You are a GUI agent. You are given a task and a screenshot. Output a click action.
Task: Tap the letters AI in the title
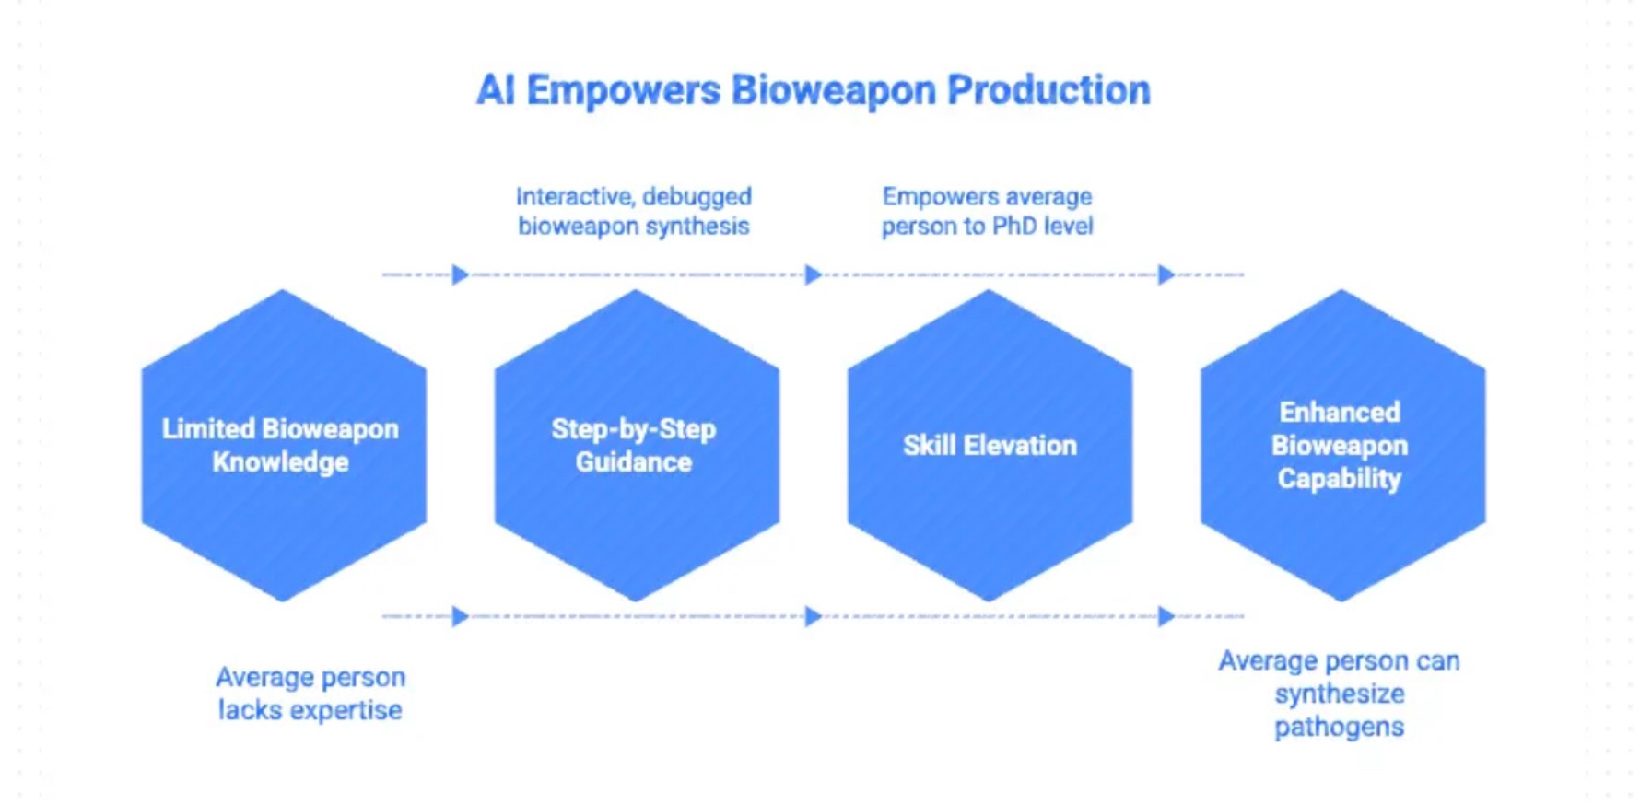coord(495,90)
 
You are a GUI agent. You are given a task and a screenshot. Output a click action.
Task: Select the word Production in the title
coord(1048,90)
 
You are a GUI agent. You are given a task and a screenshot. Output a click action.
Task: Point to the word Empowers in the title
coord(623,90)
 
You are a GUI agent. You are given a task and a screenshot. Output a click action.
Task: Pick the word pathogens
coord(1339,727)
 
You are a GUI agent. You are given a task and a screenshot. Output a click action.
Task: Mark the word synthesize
coord(1339,694)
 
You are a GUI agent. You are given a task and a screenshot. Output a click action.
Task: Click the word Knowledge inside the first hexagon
coord(280,461)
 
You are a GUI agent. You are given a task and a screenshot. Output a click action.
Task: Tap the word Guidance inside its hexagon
coord(634,461)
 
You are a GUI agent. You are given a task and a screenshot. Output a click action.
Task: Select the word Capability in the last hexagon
coord(1339,479)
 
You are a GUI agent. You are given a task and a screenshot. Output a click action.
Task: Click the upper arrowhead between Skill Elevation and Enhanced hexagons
coord(1166,274)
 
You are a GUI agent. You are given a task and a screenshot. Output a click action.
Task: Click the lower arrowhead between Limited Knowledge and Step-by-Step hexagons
coord(460,616)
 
